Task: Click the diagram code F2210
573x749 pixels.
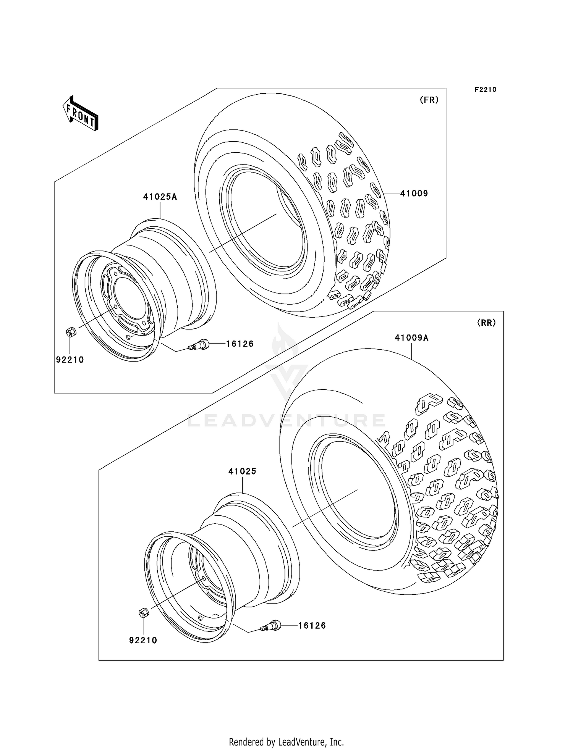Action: pyautogui.click(x=485, y=90)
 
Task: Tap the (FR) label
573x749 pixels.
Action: pyautogui.click(x=429, y=100)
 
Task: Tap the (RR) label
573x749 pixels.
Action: pyautogui.click(x=486, y=323)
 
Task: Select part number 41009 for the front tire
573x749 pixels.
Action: pyautogui.click(x=414, y=194)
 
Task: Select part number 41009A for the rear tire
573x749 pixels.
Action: pyautogui.click(x=411, y=338)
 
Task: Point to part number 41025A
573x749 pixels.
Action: pyautogui.click(x=160, y=197)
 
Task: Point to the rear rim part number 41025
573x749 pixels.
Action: pyautogui.click(x=242, y=471)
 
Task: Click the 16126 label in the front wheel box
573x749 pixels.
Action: pyautogui.click(x=240, y=344)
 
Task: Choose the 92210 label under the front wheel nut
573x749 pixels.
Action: pyautogui.click(x=70, y=360)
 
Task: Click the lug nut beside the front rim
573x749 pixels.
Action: pyautogui.click(x=71, y=332)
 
